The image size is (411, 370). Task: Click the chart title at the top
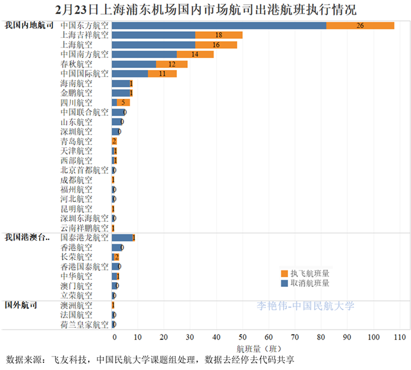206,10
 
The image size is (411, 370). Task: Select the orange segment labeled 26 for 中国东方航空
360,26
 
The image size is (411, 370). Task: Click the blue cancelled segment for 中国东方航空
219,26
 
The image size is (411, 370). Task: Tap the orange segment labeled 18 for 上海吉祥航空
219,35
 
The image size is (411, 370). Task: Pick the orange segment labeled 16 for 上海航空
216,45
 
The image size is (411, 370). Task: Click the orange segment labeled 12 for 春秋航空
172,64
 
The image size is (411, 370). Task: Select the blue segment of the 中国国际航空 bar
130,74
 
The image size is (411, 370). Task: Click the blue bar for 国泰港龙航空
122,238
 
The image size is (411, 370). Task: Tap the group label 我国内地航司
28,26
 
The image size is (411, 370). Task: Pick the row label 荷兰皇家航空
85,324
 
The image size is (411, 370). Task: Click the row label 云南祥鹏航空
85,228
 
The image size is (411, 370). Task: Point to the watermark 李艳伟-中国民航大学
305,306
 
